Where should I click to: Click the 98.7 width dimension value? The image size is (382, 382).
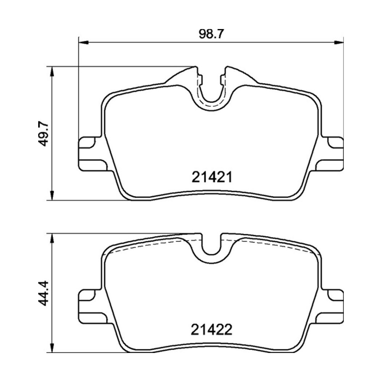pos(211,34)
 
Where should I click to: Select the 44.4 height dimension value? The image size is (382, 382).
pos(44,293)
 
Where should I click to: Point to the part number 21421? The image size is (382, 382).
pos(212,177)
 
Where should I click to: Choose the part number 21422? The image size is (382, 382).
pos(212,330)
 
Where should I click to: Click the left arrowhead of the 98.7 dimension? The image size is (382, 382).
pos(83,43)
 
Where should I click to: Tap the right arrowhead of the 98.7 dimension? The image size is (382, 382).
pos(338,43)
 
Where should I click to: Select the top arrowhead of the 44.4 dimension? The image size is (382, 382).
pos(52,238)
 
